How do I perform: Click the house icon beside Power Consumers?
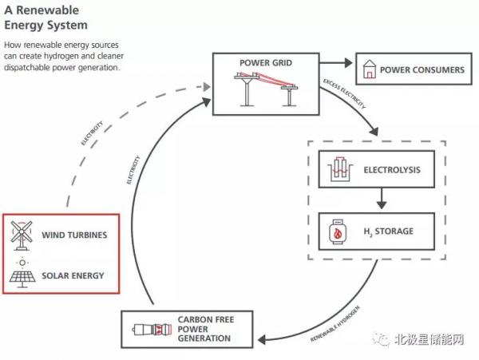[x=369, y=69]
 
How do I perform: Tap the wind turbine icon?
[x=22, y=235]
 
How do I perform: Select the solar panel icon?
[x=22, y=279]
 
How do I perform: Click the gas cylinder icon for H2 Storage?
[x=337, y=231]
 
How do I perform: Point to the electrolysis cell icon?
[x=340, y=169]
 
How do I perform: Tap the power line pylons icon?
[x=266, y=89]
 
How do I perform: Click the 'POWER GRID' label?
[x=266, y=63]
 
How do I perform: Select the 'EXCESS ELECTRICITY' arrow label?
[x=344, y=93]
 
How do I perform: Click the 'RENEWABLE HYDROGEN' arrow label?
[x=335, y=323]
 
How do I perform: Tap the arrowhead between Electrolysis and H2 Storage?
[x=382, y=204]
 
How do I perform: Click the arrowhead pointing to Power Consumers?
[x=348, y=63]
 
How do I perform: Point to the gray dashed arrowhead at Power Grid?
[x=207, y=87]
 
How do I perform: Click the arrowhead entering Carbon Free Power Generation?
[x=262, y=339]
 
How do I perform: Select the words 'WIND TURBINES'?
[x=74, y=235]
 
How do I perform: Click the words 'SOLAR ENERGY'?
[x=73, y=275]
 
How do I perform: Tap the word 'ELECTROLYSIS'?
[x=392, y=170]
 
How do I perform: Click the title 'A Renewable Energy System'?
[x=46, y=18]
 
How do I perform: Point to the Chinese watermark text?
[x=429, y=339]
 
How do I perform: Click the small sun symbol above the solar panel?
[x=22, y=263]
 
